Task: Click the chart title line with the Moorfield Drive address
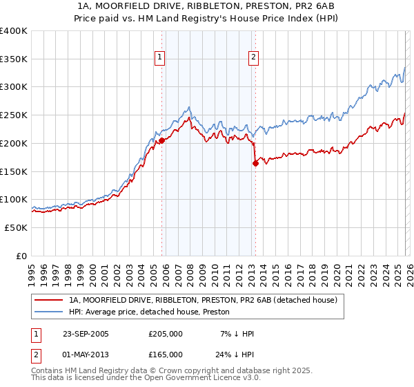click(206, 6)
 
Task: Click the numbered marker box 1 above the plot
click(160, 57)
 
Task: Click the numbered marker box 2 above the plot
click(253, 57)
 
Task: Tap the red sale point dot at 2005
click(161, 140)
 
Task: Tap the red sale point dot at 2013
click(255, 163)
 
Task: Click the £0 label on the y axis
click(22, 256)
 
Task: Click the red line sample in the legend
click(48, 300)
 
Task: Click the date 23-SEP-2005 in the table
click(86, 334)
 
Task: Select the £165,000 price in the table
click(166, 354)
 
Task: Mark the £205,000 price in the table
click(166, 334)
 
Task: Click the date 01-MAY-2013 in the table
click(86, 354)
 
